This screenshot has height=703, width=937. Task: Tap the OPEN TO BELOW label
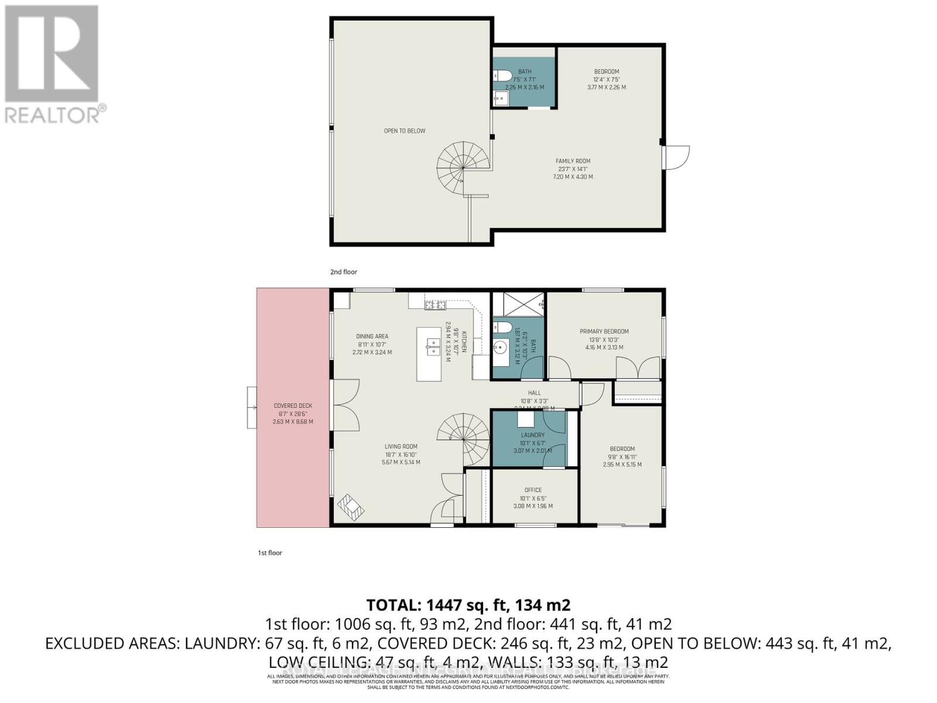404,131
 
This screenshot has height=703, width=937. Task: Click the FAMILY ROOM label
573,161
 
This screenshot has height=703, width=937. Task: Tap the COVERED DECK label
293,405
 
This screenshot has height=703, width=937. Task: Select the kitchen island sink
432,347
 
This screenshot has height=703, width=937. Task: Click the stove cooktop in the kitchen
435,304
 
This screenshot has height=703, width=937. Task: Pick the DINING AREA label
372,336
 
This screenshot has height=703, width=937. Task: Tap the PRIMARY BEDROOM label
604,331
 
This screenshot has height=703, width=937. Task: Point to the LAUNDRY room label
532,435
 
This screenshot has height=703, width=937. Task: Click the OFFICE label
533,490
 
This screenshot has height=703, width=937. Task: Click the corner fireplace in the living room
351,507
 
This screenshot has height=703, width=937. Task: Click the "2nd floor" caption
343,272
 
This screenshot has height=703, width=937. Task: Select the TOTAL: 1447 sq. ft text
468,604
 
